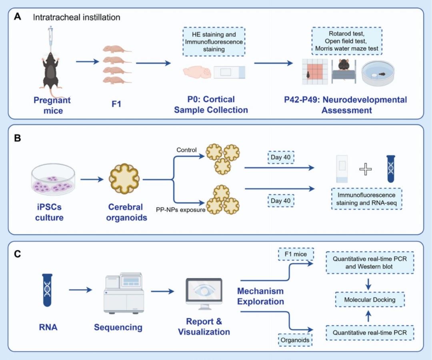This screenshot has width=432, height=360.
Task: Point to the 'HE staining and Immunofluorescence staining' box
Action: (x=214, y=41)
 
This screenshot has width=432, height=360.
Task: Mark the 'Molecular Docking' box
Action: (x=370, y=299)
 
